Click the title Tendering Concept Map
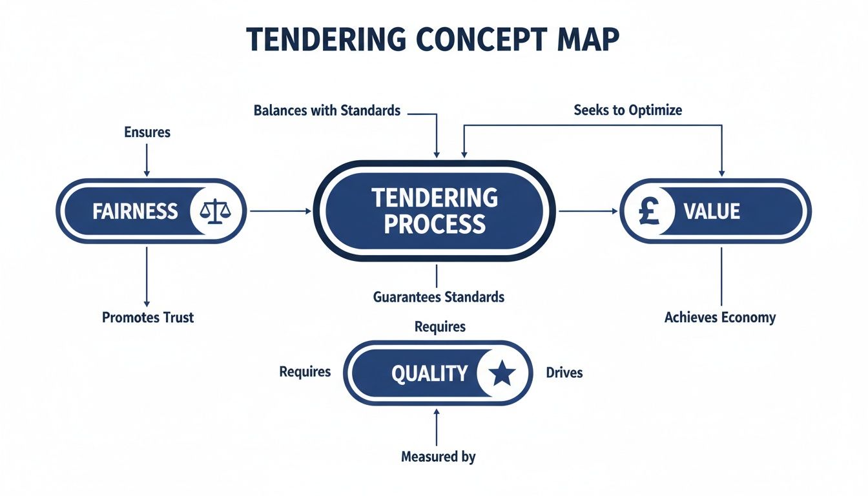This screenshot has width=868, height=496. [433, 40]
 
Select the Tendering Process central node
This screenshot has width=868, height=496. [435, 211]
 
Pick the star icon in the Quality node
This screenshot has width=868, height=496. [502, 373]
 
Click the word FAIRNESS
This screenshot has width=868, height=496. [134, 211]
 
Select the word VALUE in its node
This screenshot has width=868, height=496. [713, 211]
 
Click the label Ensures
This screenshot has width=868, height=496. [147, 132]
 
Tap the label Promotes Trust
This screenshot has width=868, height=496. [147, 317]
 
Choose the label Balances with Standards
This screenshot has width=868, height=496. [327, 110]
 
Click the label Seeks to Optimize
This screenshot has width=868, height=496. [627, 110]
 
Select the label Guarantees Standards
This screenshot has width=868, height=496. [438, 298]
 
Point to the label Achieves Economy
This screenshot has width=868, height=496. [719, 317]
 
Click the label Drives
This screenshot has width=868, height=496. [564, 373]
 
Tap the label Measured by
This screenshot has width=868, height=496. [438, 457]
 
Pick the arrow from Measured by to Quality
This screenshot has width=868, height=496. [438, 426]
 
